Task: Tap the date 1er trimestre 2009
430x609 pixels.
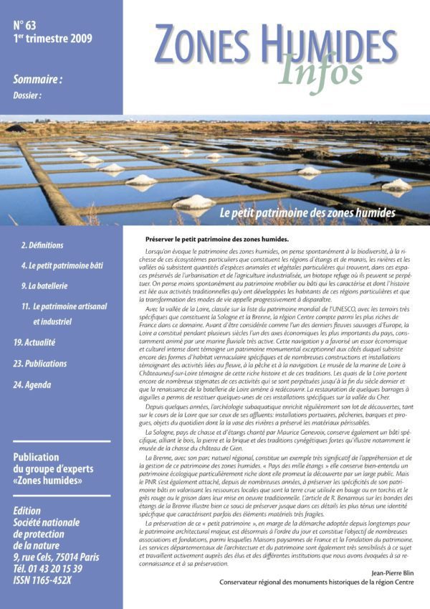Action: pyautogui.click(x=52, y=39)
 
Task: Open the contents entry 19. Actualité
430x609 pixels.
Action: pyautogui.click(x=34, y=343)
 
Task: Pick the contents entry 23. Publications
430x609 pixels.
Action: pyautogui.click(x=41, y=364)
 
